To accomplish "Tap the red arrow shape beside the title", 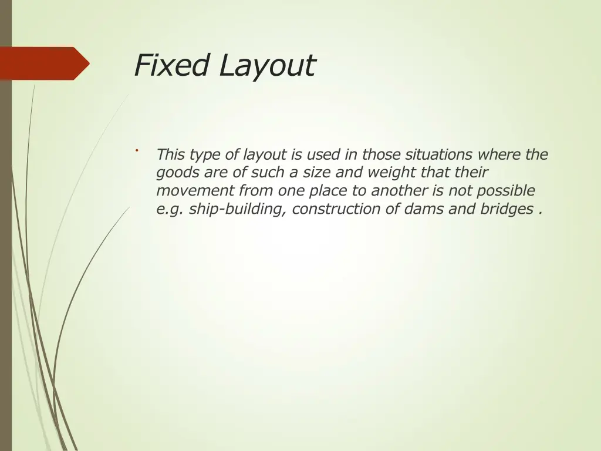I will (44, 63).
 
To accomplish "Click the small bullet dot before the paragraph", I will (136, 151).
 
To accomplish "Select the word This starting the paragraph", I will (171, 154).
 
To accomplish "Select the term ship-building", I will (238, 209).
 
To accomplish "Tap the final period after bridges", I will (539, 212).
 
